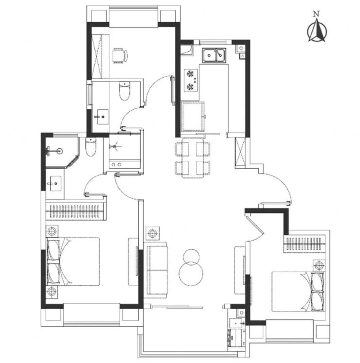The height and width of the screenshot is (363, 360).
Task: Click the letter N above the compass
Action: point(316,14)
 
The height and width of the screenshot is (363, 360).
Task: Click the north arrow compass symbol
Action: point(317,31)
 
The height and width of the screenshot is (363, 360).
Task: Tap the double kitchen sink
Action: point(214,55)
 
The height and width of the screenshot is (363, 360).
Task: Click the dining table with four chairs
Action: point(193,158)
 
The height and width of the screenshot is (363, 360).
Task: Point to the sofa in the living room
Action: point(157,270)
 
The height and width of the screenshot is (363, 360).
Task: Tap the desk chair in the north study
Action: point(120,55)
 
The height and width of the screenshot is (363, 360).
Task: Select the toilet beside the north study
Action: point(125,91)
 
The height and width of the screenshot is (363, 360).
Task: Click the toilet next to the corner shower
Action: point(90,147)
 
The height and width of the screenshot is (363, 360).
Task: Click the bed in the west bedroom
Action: point(73,261)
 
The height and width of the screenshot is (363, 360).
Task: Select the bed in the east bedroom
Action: point(298,292)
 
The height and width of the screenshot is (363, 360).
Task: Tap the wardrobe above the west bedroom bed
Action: point(76,211)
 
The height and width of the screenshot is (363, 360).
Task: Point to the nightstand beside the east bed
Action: point(319,265)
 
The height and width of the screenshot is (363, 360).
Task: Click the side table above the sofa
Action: point(153,233)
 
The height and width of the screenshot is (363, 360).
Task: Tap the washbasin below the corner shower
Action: point(55,183)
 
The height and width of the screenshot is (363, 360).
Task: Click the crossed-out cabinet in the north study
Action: point(97,56)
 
